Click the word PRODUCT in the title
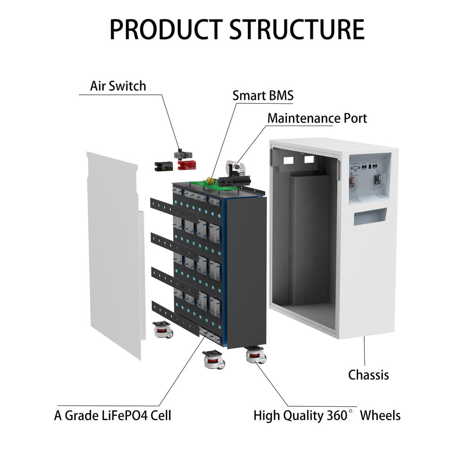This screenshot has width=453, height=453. point(166,29)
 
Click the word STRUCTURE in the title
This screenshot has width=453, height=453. point(297,29)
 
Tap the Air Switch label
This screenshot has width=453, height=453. point(118,86)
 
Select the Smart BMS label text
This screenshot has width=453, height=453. point(263,96)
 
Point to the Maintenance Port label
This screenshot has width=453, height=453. point(317,118)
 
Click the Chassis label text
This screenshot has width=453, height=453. point(369,375)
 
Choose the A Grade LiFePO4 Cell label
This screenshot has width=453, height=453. point(113,415)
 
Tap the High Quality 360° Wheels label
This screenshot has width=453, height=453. point(327,415)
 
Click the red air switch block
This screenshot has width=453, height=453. point(187,165)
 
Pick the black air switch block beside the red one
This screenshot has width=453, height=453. point(164,166)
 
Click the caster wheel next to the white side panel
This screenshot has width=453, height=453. point(163,329)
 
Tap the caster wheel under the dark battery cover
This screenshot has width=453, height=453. point(256,355)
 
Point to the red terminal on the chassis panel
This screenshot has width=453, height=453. point(353,181)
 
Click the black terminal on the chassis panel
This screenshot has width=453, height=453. point(378,179)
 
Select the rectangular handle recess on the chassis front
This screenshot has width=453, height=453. point(370,216)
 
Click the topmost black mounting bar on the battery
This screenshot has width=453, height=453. point(174,209)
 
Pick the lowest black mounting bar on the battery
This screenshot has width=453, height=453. point(176,319)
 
